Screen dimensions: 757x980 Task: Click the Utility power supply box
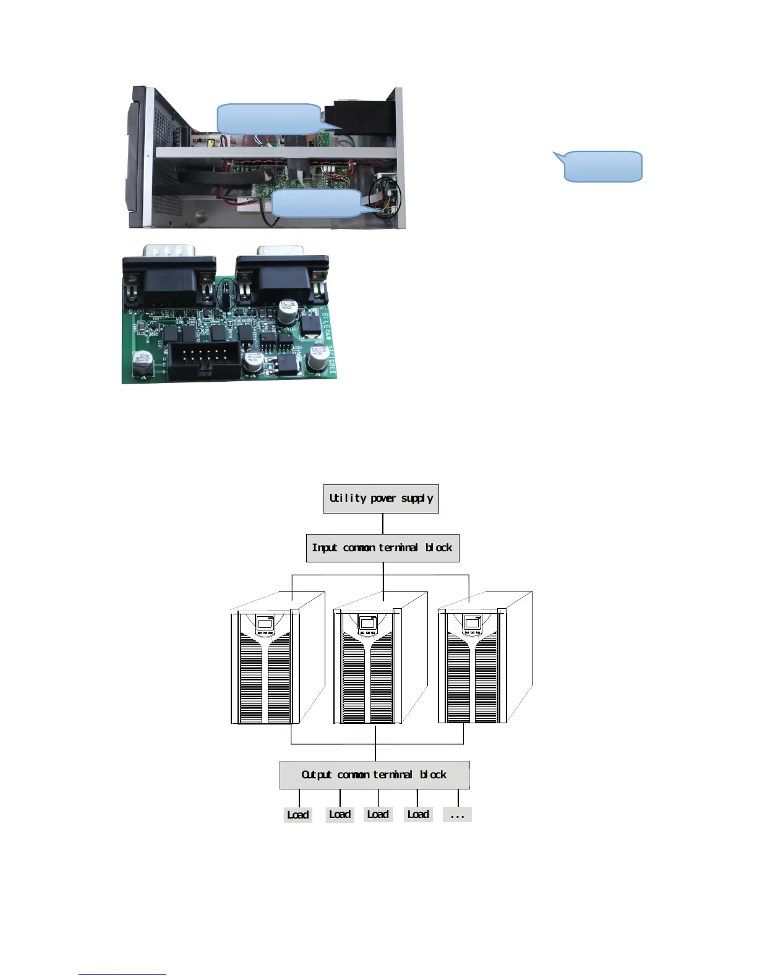(381, 499)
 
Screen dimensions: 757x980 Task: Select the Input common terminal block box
(382, 548)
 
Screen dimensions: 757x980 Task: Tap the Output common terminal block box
(374, 775)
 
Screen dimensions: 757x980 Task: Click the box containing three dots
(457, 815)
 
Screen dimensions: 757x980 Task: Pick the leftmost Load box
(297, 815)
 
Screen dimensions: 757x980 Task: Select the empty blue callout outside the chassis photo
(602, 166)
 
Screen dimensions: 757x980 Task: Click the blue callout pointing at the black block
(269, 119)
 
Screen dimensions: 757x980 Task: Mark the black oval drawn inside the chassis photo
(385, 197)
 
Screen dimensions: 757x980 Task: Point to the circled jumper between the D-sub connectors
(227, 294)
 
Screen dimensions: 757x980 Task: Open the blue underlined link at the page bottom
(122, 974)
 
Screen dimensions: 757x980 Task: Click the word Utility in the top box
(348, 498)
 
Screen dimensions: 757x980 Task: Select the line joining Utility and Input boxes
(383, 523)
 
